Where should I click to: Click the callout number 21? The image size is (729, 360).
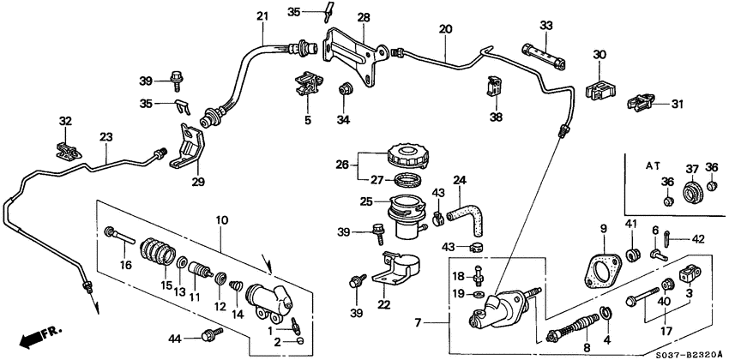(262, 15)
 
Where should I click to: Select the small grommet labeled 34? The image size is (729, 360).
(346, 88)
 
